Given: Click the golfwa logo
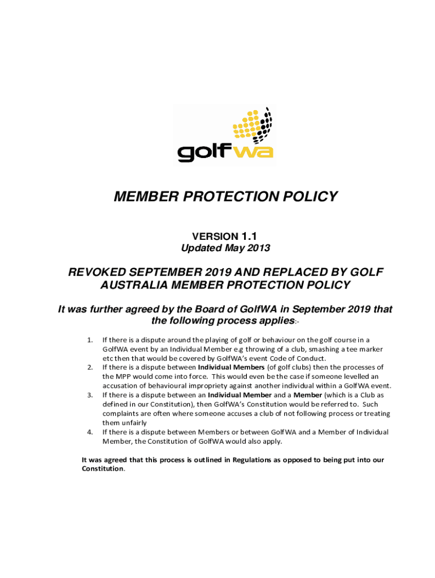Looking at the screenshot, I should tap(225, 135).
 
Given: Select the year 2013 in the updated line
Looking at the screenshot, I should tap(258, 248).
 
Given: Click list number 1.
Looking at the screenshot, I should tap(90, 340).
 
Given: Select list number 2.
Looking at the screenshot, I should tap(90, 367).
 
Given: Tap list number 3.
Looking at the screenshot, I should tap(90, 395).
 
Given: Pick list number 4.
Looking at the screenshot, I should tap(90, 432).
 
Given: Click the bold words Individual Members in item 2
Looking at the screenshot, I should tap(232, 367).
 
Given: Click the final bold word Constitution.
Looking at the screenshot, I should tap(102, 468).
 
